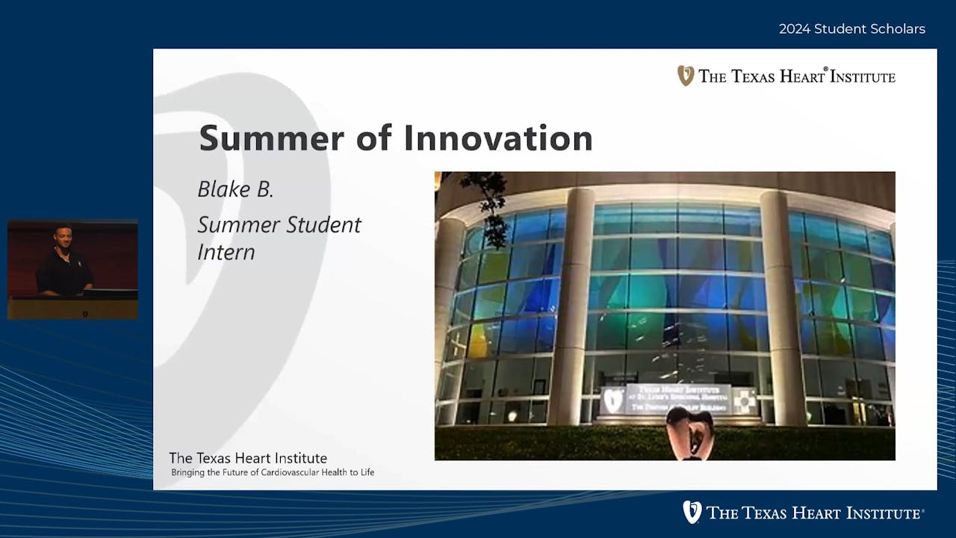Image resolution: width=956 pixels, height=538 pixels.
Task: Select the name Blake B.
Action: [x=235, y=189]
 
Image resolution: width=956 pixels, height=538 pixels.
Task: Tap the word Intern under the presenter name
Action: [x=226, y=252]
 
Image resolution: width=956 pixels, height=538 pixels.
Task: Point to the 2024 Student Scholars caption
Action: [x=851, y=29]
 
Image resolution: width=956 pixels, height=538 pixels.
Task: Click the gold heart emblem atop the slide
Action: [x=685, y=75]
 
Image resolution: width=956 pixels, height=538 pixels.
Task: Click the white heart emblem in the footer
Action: [x=692, y=512]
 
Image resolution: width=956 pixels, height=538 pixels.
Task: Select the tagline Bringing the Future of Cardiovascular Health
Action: [x=273, y=472]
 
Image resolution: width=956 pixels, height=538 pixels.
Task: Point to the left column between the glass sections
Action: [x=571, y=306]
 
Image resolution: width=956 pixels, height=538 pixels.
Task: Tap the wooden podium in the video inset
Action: [x=72, y=306]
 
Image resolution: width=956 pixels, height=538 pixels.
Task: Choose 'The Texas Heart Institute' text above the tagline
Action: [x=248, y=458]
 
